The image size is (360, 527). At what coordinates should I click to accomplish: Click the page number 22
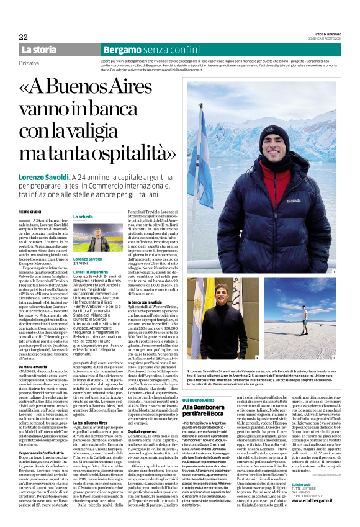point(23,37)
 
